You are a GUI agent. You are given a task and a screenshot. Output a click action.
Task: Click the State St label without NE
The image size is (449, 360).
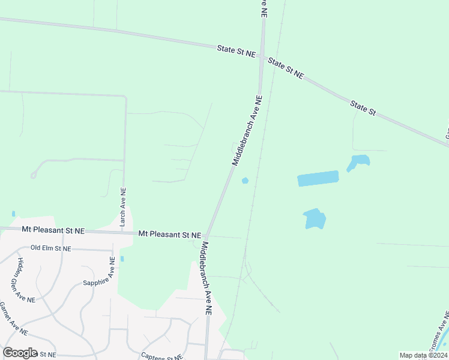[363, 109]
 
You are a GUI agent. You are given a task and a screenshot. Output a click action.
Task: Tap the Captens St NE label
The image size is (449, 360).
[162, 356]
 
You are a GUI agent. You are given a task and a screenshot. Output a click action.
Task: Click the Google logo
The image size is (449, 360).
[20, 353]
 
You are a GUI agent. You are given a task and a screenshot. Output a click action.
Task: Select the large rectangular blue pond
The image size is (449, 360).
[318, 178]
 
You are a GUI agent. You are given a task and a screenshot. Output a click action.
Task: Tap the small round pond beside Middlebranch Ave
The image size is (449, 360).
[245, 181]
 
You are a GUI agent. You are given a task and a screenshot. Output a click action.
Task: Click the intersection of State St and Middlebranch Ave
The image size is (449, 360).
[262, 56]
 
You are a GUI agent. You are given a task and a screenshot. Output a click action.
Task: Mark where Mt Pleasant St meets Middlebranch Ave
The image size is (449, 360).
[206, 235]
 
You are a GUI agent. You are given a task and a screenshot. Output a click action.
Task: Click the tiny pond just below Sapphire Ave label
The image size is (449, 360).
[122, 259]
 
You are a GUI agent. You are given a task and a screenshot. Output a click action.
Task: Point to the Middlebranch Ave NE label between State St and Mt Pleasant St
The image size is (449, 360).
[247, 130]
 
